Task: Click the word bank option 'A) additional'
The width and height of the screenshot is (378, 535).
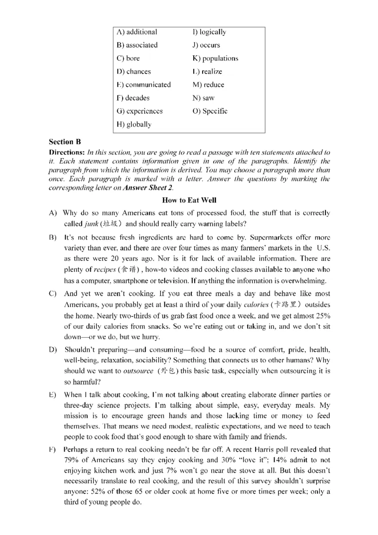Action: coord(137,32)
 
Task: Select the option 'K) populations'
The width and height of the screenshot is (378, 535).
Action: coord(215,59)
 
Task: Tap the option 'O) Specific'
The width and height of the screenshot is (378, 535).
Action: coord(210,111)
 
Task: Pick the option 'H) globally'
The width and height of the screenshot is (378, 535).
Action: coord(134,125)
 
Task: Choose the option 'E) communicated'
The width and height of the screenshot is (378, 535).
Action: coord(143,85)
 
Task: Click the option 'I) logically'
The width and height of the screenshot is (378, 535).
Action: coord(209,32)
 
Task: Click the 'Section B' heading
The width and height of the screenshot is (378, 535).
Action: coord(61,142)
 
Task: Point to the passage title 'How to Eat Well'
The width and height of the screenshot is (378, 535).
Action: coord(189,200)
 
